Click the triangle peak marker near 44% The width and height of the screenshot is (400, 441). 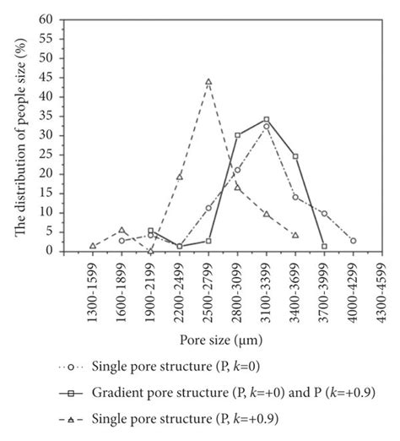click(x=208, y=82)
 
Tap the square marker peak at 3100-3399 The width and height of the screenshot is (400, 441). click(x=267, y=119)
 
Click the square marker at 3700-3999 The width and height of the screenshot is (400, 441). click(x=324, y=246)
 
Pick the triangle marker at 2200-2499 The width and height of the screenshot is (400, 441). click(x=180, y=177)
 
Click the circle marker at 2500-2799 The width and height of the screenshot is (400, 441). click(x=208, y=208)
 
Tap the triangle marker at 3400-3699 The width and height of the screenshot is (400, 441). click(x=295, y=235)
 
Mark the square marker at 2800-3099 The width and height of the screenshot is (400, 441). click(x=237, y=135)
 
